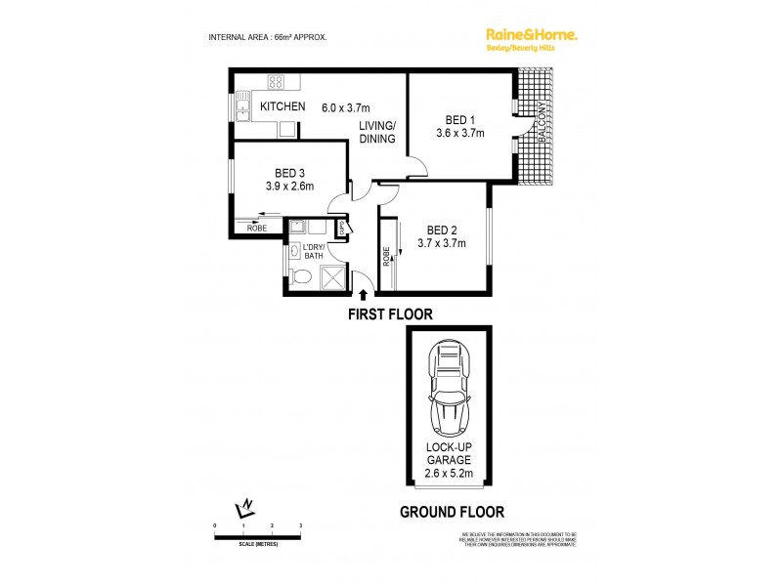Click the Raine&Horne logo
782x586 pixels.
pos(532,35)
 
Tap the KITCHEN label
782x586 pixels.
pos(282,106)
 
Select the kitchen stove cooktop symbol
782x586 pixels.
pos(276,83)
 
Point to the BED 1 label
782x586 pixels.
pos(459,119)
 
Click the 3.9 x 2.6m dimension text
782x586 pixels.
pos(289,186)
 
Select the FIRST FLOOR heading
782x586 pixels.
pos(391,314)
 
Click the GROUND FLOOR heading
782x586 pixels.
pos(453,511)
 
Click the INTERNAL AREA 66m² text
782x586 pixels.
pos(268,36)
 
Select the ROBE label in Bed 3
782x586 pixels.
pos(257,228)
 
